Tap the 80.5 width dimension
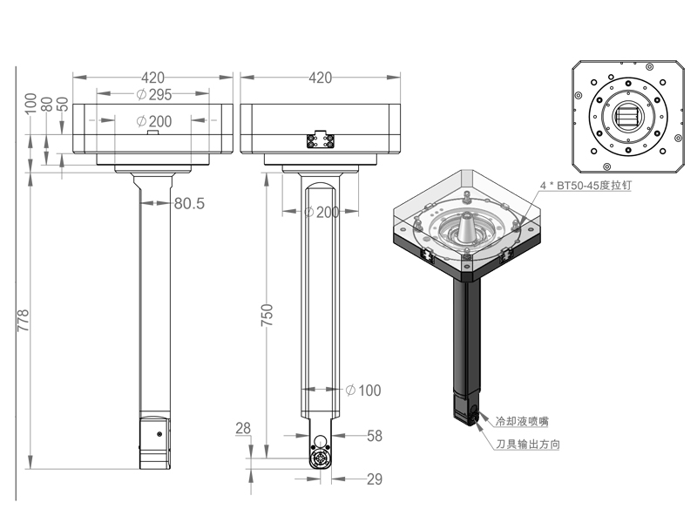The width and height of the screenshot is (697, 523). [188, 203]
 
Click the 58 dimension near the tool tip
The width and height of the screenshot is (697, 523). [374, 435]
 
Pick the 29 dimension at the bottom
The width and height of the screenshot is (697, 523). [375, 479]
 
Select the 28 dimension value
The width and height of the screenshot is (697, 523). [243, 428]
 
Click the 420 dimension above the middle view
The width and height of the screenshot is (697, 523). [320, 78]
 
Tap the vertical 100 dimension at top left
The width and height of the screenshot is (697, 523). [31, 102]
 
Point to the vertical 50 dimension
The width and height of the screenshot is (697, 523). [63, 102]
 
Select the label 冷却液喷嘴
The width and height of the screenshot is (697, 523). [521, 421]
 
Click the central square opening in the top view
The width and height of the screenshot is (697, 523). [626, 115]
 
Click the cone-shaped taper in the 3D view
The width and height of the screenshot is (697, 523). [469, 228]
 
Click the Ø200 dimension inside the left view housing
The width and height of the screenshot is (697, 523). [153, 121]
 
